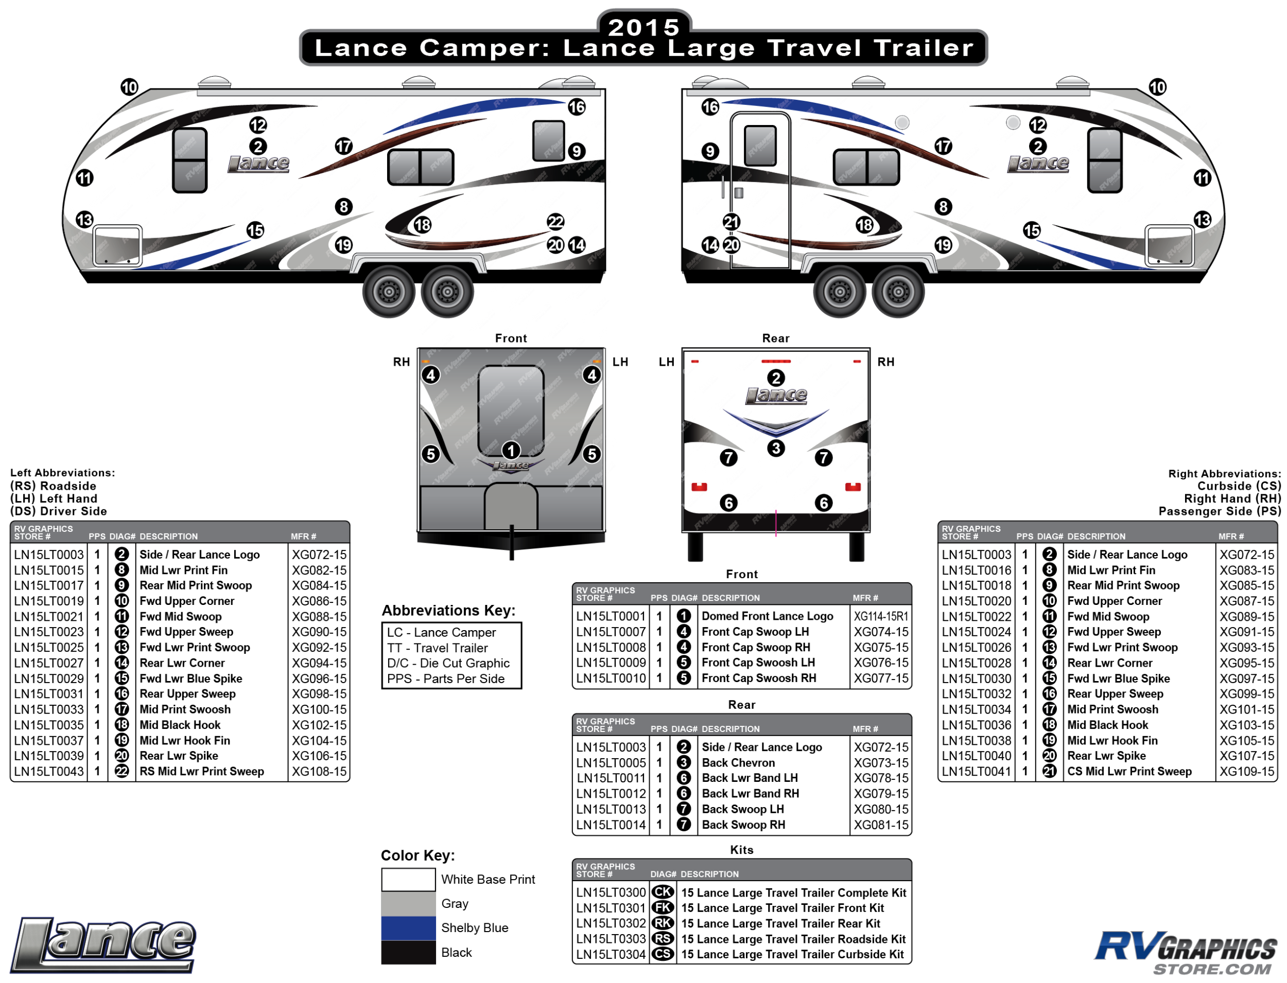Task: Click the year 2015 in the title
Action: tap(643, 27)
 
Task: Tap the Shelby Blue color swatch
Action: tap(408, 928)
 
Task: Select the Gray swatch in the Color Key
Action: tap(408, 903)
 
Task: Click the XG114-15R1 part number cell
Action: tap(881, 616)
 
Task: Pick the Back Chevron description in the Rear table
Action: tap(738, 763)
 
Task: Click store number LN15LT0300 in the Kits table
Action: tap(610, 893)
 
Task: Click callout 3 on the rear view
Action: tap(776, 449)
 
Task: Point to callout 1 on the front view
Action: tap(511, 451)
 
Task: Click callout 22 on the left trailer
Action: tap(555, 222)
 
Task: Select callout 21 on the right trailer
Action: tap(732, 222)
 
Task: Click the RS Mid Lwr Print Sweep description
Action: tap(201, 772)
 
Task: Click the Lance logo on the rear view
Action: tap(776, 396)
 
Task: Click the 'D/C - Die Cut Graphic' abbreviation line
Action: tap(448, 664)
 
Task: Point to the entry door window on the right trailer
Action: tap(760, 146)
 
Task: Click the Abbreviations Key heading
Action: tap(448, 611)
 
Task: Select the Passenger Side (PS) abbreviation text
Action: tap(1219, 511)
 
